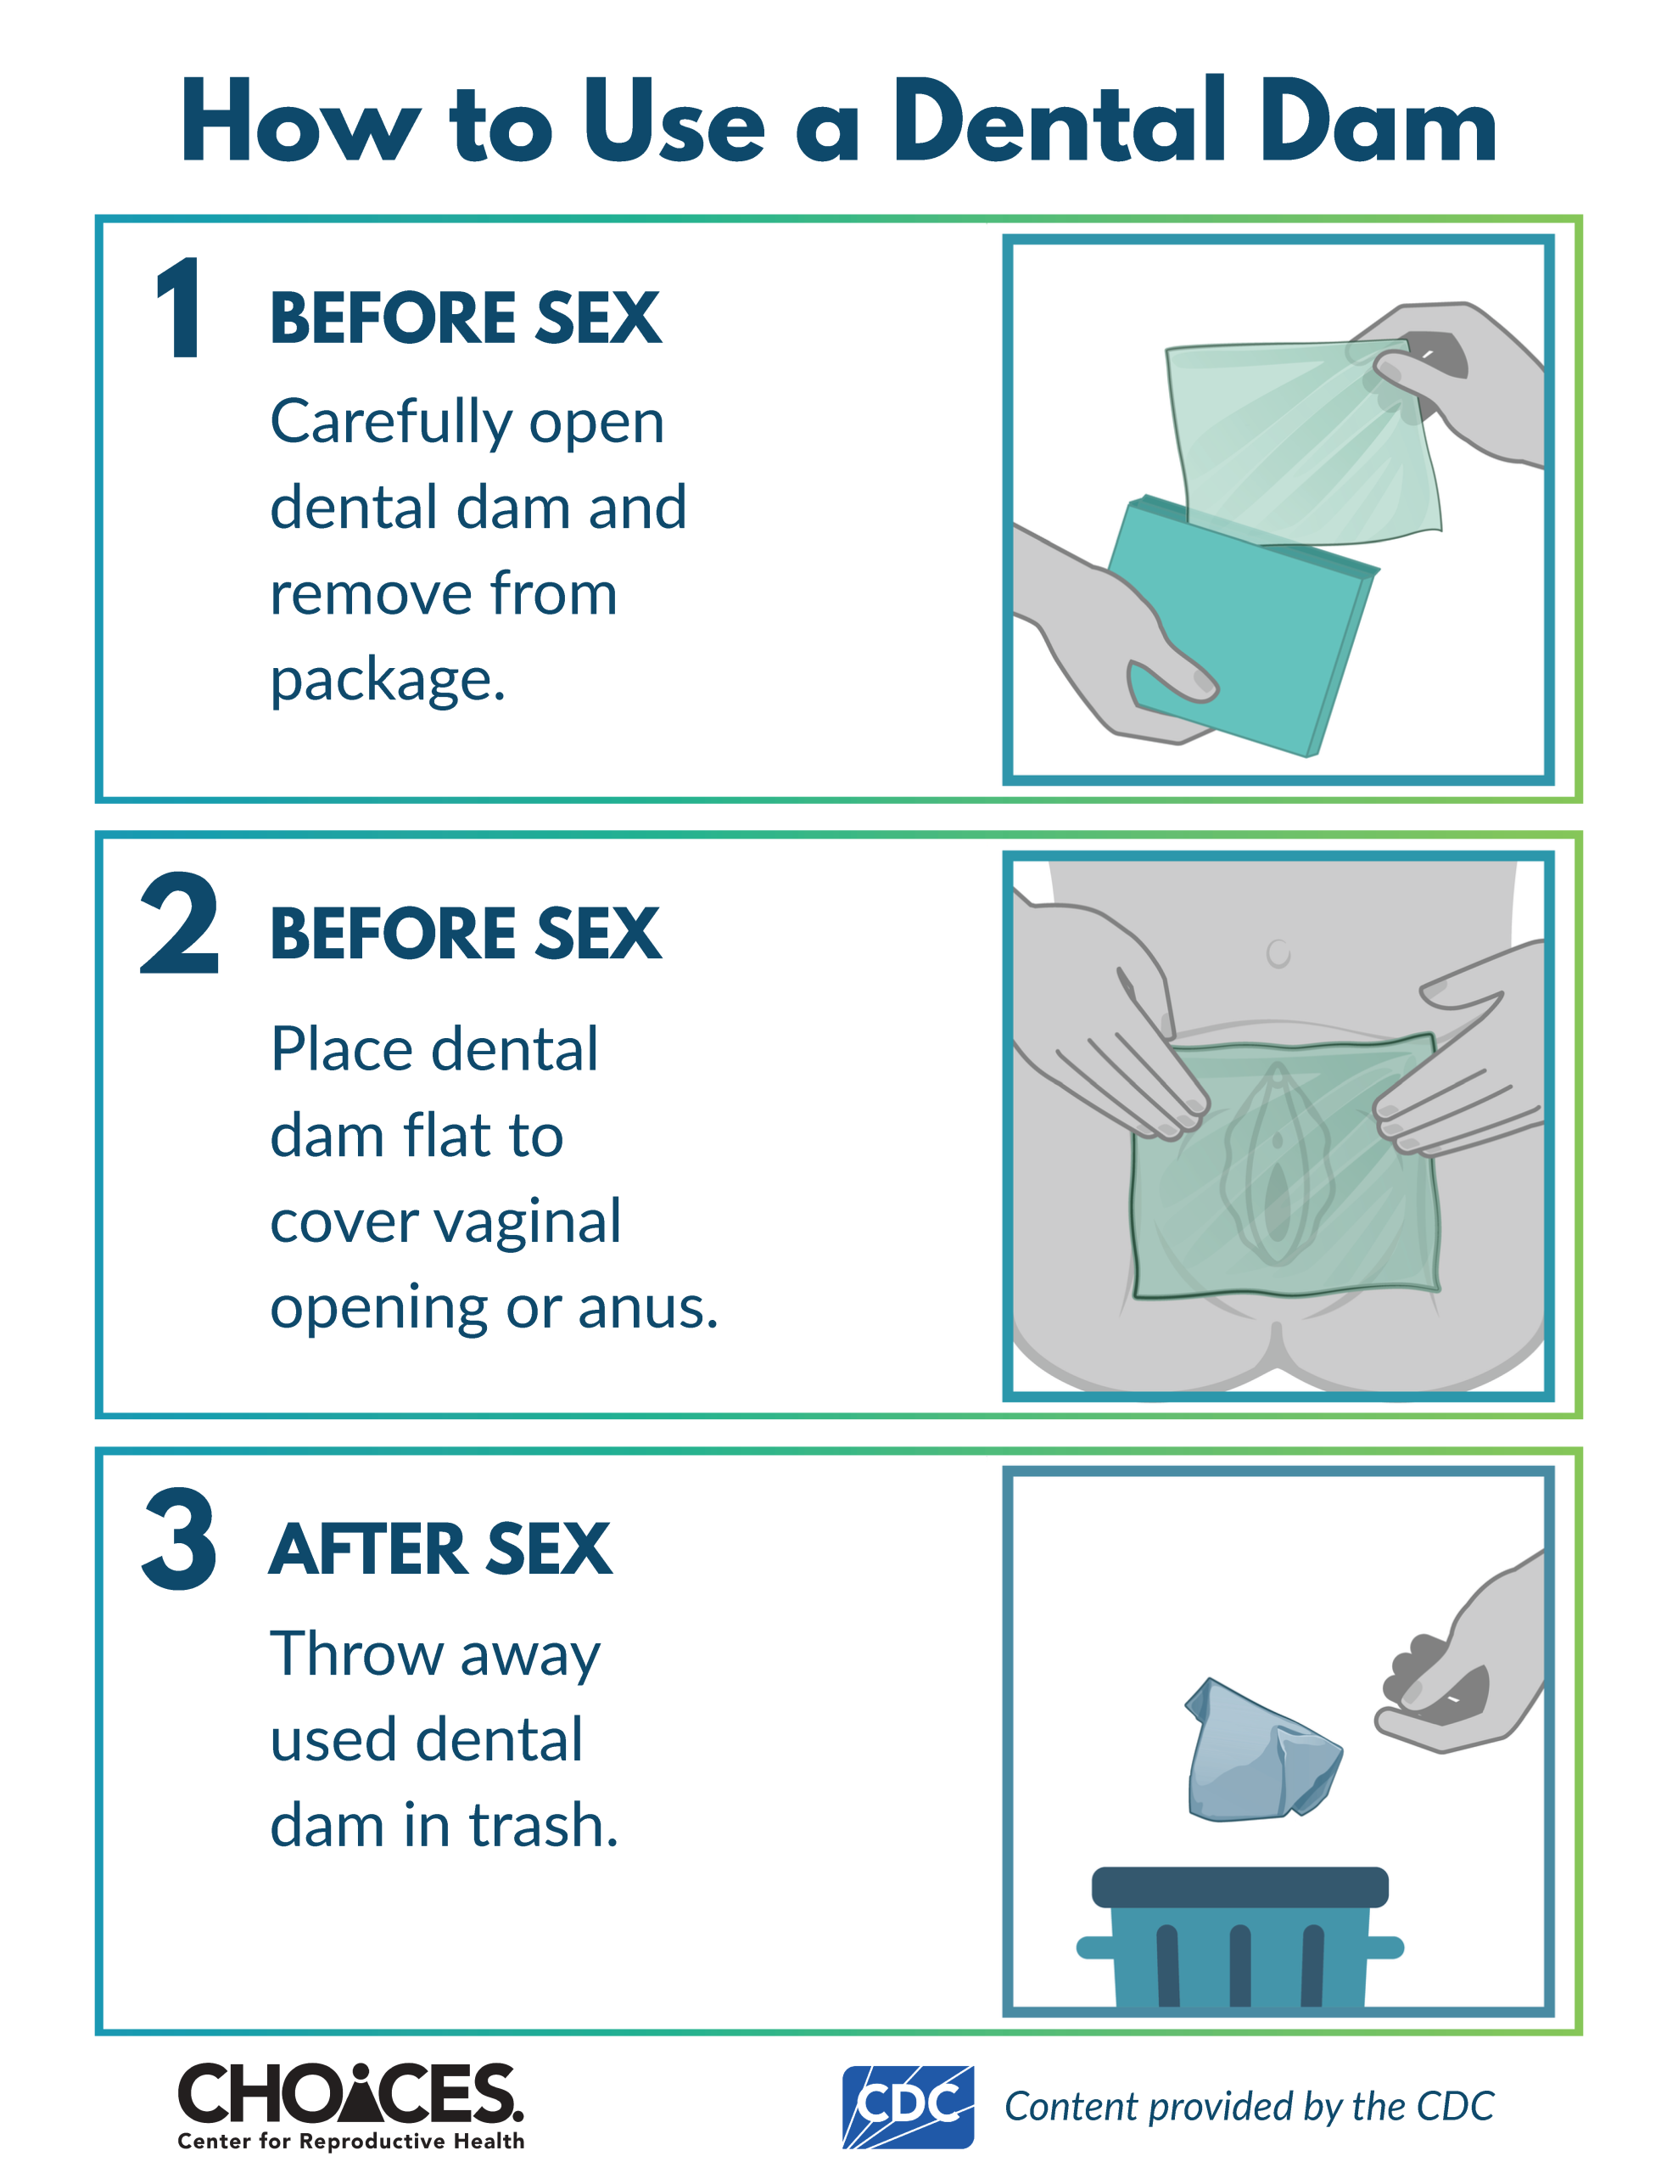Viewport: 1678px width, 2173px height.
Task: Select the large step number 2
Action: click(x=180, y=923)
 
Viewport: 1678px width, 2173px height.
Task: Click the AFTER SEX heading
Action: click(x=440, y=1549)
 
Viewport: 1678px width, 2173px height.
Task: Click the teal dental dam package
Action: click(x=1244, y=626)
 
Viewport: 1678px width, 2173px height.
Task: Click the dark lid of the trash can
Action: click(x=1239, y=1886)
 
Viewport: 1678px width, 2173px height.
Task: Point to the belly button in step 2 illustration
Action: click(x=1278, y=952)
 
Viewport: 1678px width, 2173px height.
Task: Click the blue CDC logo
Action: click(x=907, y=2106)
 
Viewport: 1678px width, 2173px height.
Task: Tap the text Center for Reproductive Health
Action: click(x=350, y=2141)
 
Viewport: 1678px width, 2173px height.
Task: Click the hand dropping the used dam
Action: click(x=1463, y=1662)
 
